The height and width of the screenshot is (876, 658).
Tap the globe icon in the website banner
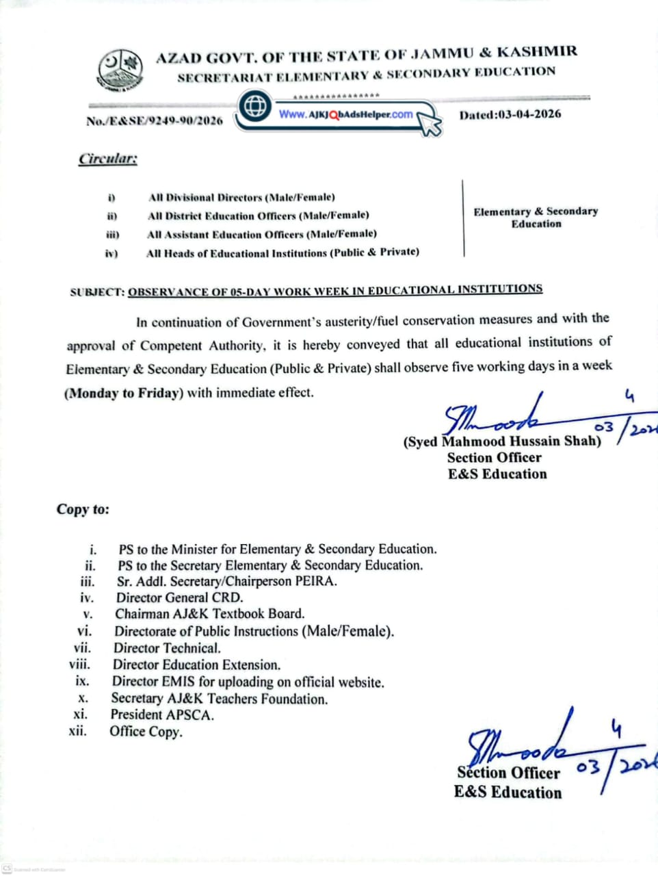256,107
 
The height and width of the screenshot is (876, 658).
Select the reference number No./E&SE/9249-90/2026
155,120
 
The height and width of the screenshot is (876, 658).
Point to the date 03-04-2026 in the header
510,114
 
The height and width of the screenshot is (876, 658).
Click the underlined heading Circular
108,159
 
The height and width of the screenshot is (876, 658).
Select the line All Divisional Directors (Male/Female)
241,197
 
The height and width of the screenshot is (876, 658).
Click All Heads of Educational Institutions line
282,253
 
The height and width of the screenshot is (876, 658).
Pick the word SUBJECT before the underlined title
97,292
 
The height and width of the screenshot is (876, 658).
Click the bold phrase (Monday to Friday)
124,394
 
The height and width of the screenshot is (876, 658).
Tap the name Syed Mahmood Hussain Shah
502,441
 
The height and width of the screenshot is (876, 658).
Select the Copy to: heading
83,509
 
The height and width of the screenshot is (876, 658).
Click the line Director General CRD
179,597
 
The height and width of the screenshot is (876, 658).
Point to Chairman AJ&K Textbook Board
209,614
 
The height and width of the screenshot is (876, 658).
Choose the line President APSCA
162,714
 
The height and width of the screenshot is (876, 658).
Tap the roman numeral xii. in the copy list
78,731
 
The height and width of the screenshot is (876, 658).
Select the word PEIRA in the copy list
316,582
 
